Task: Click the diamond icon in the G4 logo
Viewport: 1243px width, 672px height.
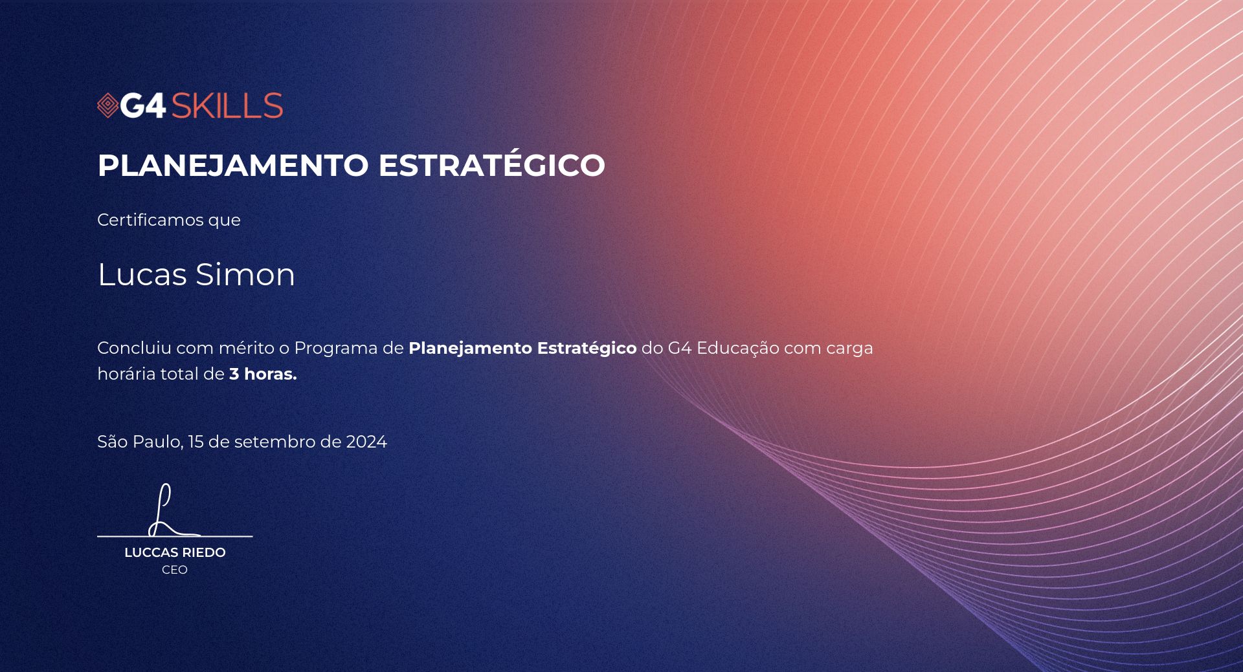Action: pos(107,106)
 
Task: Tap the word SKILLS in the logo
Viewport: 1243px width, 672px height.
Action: pos(227,106)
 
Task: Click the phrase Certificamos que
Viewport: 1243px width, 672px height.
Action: pos(169,220)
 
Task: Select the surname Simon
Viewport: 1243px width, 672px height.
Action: pos(245,274)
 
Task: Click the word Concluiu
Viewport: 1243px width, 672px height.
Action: pos(134,348)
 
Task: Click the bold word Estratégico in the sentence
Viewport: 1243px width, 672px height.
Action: pos(587,349)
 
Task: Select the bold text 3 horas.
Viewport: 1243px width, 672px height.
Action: pos(263,374)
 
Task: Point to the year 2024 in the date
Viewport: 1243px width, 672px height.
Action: pos(366,442)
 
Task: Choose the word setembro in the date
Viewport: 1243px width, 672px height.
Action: pos(282,442)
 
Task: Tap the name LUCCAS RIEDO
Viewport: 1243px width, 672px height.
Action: pos(175,552)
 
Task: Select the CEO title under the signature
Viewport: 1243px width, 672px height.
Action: pos(175,570)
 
